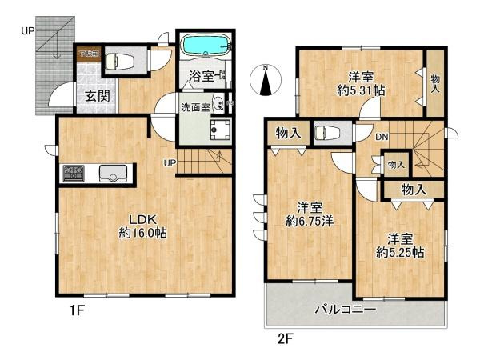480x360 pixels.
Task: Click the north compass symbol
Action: coord(266,80)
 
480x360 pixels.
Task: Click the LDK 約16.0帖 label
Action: coord(143,226)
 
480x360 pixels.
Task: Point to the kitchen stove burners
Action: coord(74,174)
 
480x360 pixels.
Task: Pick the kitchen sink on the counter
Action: coord(111,174)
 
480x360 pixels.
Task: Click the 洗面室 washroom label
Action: coord(194,106)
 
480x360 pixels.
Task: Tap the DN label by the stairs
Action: coord(382,138)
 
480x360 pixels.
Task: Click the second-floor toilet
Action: coord(324,133)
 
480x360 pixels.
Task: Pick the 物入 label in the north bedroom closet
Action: coord(434,83)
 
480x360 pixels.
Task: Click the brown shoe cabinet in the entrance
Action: coord(87,54)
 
